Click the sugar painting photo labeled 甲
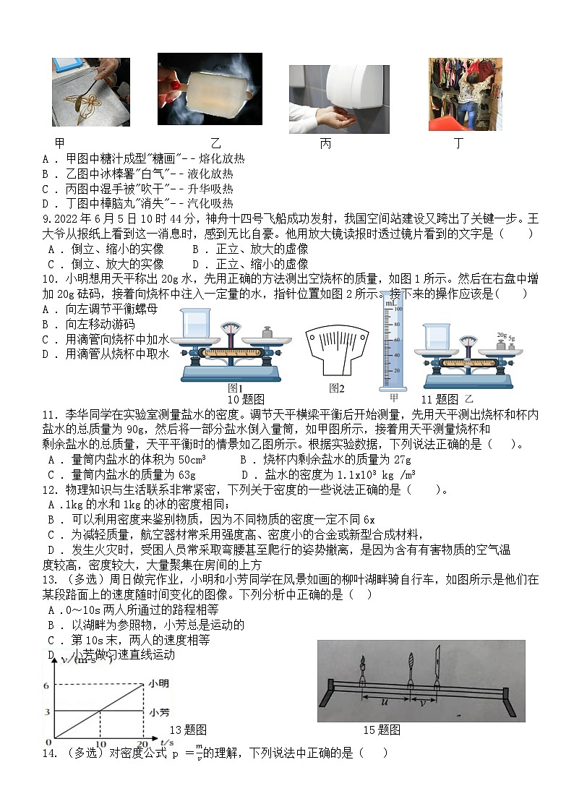tap(90, 92)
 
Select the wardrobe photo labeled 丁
tap(464, 95)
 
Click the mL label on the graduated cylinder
tap(391, 304)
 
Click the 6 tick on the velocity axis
tap(46, 685)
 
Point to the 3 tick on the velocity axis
tap(46, 712)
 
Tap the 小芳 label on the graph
tap(159, 712)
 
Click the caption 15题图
tap(381, 729)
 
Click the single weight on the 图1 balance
tap(265, 333)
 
